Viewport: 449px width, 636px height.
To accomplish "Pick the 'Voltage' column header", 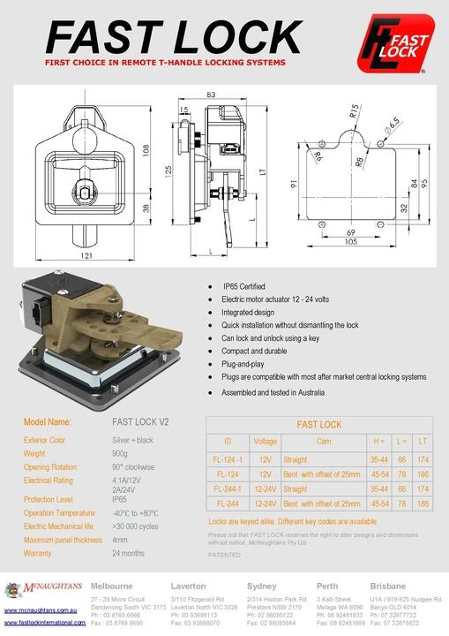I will (265, 442).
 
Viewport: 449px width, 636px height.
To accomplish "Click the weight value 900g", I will (123, 452).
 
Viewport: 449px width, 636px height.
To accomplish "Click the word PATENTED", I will (224, 556).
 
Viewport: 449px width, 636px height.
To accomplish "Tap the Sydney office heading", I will (262, 586).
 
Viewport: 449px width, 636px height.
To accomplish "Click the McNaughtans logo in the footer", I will (44, 590).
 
